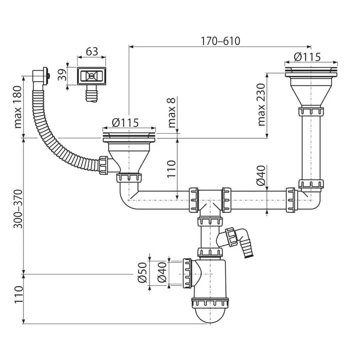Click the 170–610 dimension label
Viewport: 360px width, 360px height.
pyautogui.click(x=220, y=41)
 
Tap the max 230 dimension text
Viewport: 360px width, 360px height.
pyautogui.click(x=262, y=104)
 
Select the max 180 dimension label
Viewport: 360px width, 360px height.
pyautogui.click(x=18, y=107)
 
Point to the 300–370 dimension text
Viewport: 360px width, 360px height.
pyautogui.click(x=18, y=209)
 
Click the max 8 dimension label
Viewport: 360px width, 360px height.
pyautogui.click(x=172, y=113)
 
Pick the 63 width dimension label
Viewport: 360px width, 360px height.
pyautogui.click(x=92, y=52)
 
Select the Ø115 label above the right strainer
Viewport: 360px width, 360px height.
pyautogui.click(x=307, y=57)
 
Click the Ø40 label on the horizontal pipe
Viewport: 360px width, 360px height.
pyautogui.click(x=261, y=175)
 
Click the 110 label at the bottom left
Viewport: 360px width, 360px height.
pyautogui.click(x=18, y=295)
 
